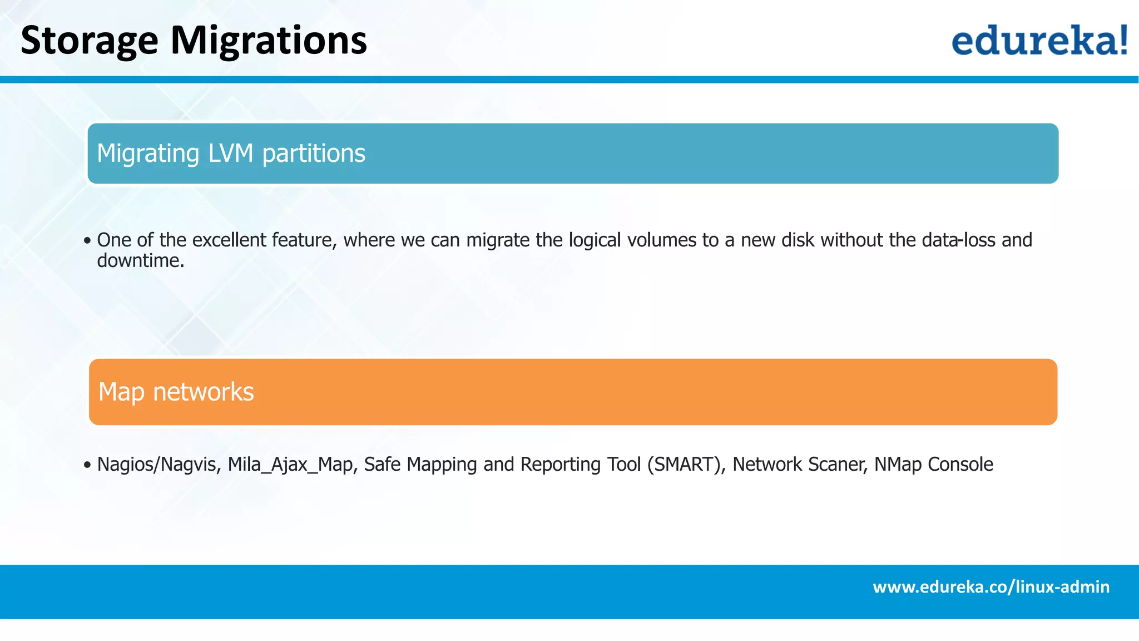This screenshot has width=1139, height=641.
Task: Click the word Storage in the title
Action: click(x=89, y=41)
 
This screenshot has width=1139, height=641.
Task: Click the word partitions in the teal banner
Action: click(x=313, y=154)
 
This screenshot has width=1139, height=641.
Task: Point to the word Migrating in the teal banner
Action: click(x=147, y=154)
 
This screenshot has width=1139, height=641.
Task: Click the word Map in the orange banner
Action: click(x=121, y=392)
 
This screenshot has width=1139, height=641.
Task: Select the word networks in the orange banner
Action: click(x=203, y=392)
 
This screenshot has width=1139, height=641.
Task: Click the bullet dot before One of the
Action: click(x=87, y=241)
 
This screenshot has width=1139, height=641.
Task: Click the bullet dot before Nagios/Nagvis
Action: click(x=87, y=465)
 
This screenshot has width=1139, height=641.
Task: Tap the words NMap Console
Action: click(x=933, y=465)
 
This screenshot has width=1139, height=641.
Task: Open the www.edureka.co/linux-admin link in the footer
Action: click(x=991, y=587)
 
